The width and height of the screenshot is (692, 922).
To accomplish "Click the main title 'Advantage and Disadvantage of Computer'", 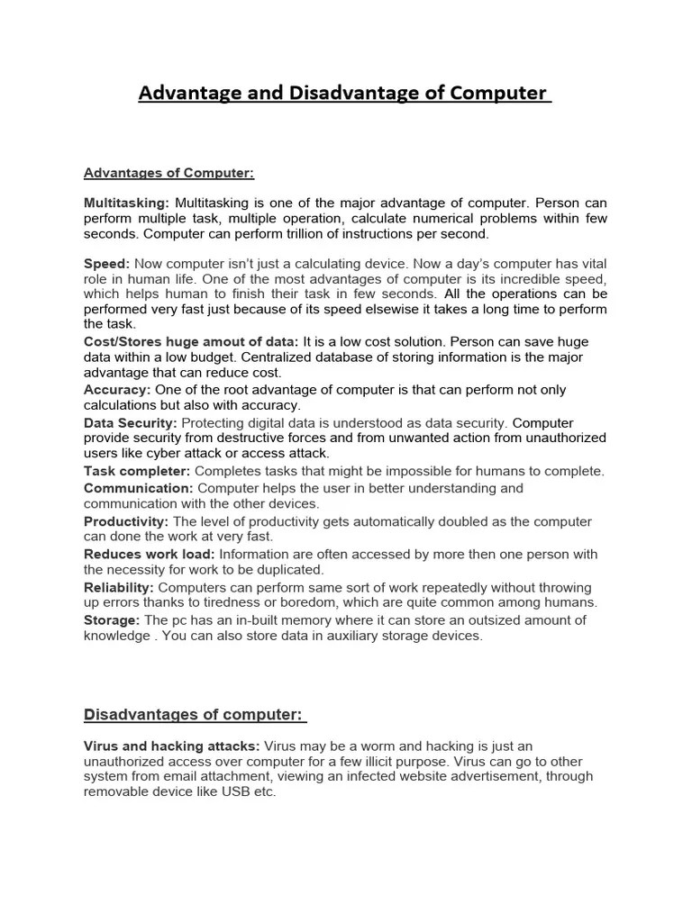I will [344, 94].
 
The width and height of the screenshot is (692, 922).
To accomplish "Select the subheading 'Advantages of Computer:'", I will [163, 173].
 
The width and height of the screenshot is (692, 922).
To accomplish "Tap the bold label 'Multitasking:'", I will [127, 203].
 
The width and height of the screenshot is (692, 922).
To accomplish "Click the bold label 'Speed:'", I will [107, 264].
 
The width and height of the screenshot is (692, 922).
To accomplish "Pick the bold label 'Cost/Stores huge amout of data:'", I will [191, 341].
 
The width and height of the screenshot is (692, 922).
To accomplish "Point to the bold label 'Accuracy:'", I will [117, 390].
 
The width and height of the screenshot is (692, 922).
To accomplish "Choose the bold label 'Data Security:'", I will [131, 422].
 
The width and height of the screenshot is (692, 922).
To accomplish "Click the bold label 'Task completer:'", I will [137, 471].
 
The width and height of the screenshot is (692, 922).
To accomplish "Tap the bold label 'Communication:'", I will [139, 488].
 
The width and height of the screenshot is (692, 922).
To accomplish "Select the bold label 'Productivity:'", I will [126, 521].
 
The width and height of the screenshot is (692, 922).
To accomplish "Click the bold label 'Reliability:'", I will [123, 587].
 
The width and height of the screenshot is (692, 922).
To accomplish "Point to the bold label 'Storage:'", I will [112, 620].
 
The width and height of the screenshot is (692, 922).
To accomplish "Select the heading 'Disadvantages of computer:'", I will [195, 715].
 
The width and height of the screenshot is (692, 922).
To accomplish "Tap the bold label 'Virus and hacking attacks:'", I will [172, 746].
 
